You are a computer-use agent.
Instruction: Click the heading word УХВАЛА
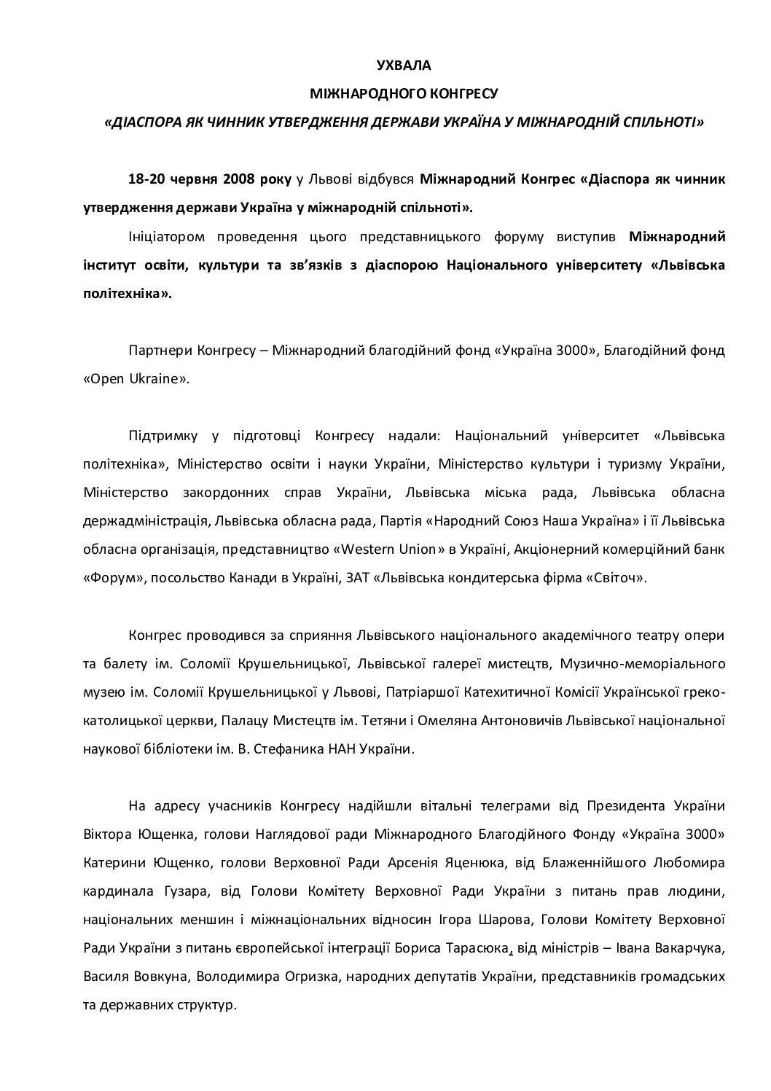point(403,66)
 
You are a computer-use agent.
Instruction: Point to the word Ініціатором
point(160,236)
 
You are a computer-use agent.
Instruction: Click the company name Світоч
point(618,577)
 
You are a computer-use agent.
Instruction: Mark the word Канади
point(269,577)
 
